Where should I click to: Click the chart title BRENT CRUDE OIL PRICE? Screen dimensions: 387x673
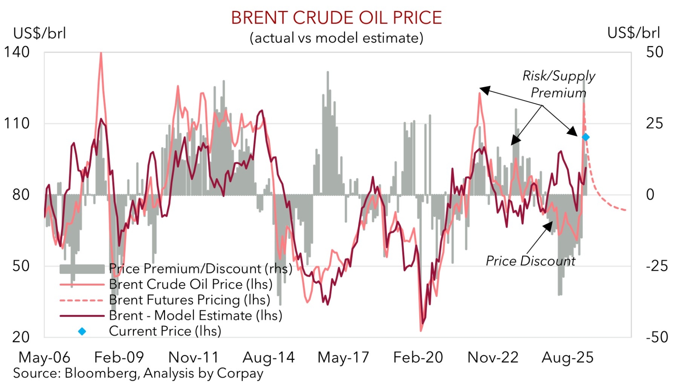(x=336, y=18)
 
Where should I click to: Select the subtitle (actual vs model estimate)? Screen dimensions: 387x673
(x=336, y=38)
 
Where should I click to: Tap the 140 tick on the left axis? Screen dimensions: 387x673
(x=17, y=52)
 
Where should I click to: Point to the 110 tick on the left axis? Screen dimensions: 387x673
(x=17, y=123)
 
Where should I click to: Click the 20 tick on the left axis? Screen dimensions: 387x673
(x=21, y=337)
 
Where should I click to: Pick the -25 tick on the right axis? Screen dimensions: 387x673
(x=657, y=266)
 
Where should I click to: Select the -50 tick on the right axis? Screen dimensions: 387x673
(x=657, y=337)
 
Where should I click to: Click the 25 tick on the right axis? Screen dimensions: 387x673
(x=654, y=123)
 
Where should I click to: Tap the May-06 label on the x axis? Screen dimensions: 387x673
(x=44, y=357)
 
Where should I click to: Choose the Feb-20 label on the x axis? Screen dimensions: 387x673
(x=418, y=357)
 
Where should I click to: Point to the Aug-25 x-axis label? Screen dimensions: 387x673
(x=567, y=357)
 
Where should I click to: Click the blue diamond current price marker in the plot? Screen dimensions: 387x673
(x=586, y=137)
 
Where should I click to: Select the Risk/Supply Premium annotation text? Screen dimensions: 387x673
(x=559, y=84)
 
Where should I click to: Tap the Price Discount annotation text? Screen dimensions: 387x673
(x=530, y=261)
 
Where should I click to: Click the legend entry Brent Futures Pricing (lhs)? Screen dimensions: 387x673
(x=190, y=300)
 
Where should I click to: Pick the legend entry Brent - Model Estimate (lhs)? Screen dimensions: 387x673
(x=195, y=315)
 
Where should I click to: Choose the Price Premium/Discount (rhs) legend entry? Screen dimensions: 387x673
(x=200, y=269)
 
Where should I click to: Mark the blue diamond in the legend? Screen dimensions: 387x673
(x=82, y=331)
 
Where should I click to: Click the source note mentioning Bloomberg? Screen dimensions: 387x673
(x=138, y=373)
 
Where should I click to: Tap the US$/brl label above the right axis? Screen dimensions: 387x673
(x=634, y=33)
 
